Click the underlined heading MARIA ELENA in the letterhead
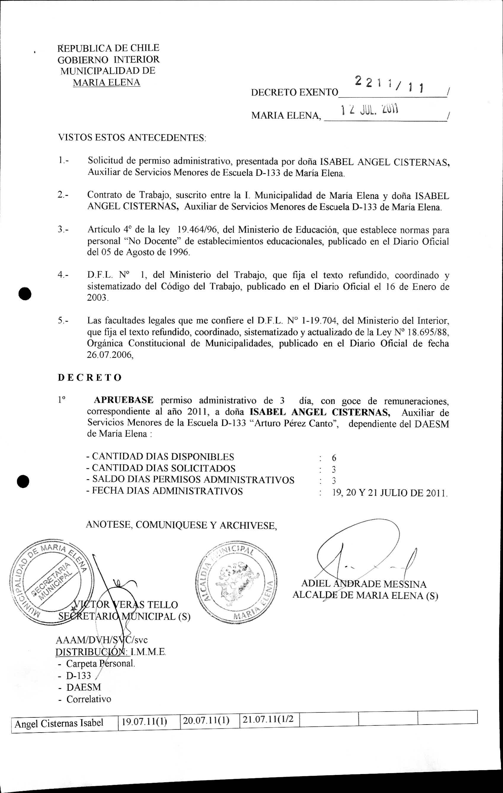click(x=106, y=82)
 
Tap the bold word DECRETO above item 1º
click(x=90, y=378)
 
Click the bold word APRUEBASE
click(x=124, y=400)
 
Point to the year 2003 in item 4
click(x=97, y=298)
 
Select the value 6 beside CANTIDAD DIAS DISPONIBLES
click(x=334, y=458)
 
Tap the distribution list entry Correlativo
click(x=89, y=699)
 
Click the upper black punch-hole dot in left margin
click(x=25, y=293)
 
